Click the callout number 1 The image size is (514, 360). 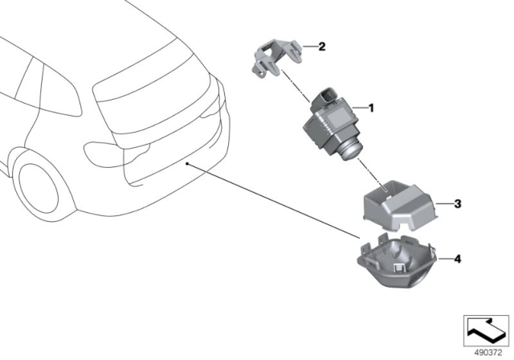pos(371,107)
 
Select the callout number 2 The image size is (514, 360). pos(322,47)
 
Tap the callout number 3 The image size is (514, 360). pos(456,204)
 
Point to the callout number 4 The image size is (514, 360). pos(456,259)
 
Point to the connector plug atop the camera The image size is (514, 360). pos(329,97)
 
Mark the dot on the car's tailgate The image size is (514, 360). pos(187,163)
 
